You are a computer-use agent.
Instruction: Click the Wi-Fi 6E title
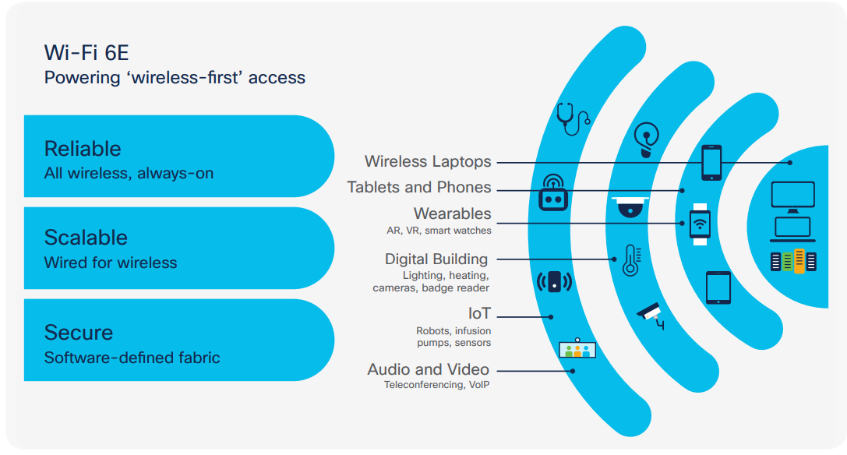tap(86, 53)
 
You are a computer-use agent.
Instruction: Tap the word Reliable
tap(83, 149)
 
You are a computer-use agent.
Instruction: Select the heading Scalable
tap(86, 238)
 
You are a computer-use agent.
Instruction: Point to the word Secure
tap(79, 333)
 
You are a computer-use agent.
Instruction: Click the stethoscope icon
tap(573, 119)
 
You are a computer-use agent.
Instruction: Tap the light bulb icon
tap(646, 139)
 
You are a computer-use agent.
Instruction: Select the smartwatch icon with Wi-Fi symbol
tap(700, 224)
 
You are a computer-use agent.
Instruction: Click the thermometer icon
tap(631, 260)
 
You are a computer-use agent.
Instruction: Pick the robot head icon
tap(553, 192)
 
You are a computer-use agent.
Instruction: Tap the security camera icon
tap(651, 316)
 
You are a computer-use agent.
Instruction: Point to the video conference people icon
tap(577, 348)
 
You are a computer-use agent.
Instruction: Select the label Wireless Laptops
tap(428, 161)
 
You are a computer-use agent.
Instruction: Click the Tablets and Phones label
tap(419, 188)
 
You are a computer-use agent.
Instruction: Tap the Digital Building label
tap(436, 259)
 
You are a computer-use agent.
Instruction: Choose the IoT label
tap(479, 313)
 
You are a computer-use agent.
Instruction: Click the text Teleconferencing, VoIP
tap(436, 385)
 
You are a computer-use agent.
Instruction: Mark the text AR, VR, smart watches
tap(439, 231)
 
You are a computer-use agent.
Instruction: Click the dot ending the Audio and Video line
tap(573, 371)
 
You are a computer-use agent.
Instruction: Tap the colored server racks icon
tap(793, 261)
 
